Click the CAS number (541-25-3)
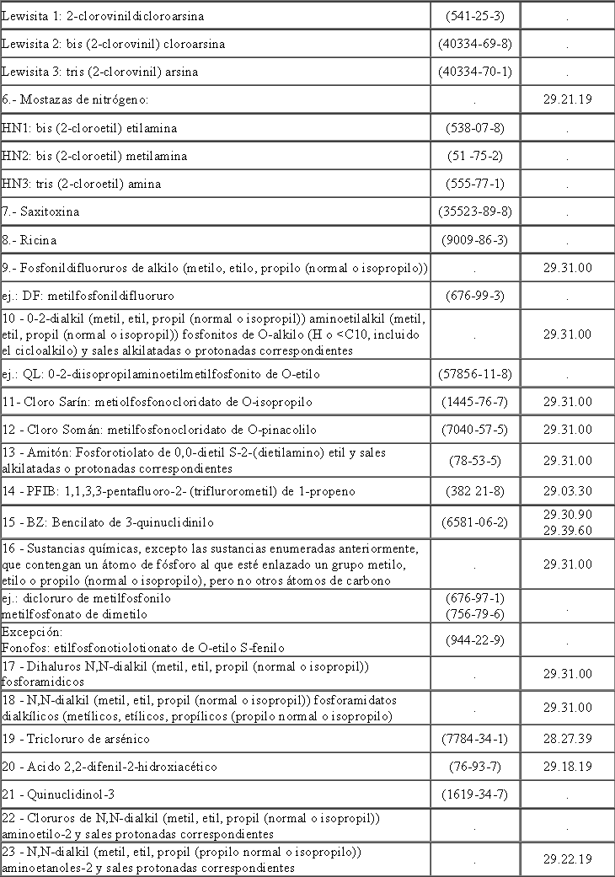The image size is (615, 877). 475,16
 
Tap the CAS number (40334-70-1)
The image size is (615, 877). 475,72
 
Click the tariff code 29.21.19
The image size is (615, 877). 567,99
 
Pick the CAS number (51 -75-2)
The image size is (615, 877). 475,156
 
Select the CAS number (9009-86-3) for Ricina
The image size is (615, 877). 475,240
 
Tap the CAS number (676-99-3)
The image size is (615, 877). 475,296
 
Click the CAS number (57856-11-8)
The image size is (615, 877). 475,373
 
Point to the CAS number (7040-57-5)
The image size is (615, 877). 475,430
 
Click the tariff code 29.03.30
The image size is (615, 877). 567,490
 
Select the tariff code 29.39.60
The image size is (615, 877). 567,529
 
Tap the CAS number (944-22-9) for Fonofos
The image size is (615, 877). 475,640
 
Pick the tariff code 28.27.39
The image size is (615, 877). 567,739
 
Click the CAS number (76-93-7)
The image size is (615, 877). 475,767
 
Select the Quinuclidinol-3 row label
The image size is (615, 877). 64,794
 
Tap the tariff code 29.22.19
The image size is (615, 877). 567,858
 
